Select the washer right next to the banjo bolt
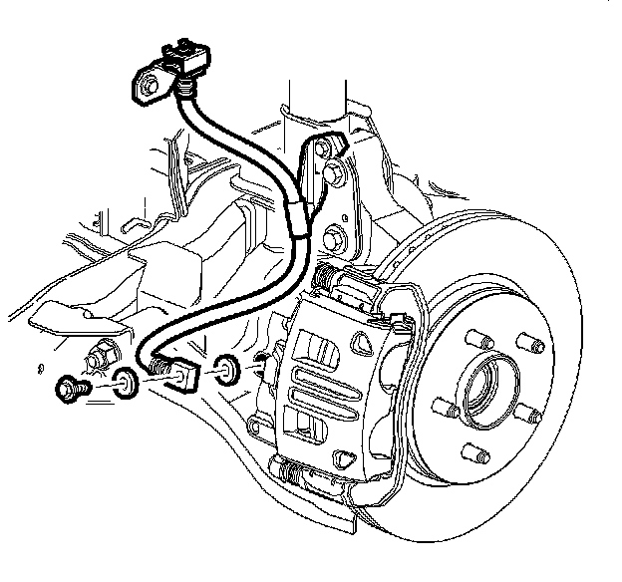125,383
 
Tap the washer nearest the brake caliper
226,369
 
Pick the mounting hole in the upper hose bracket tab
148,87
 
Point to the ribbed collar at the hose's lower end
157,366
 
